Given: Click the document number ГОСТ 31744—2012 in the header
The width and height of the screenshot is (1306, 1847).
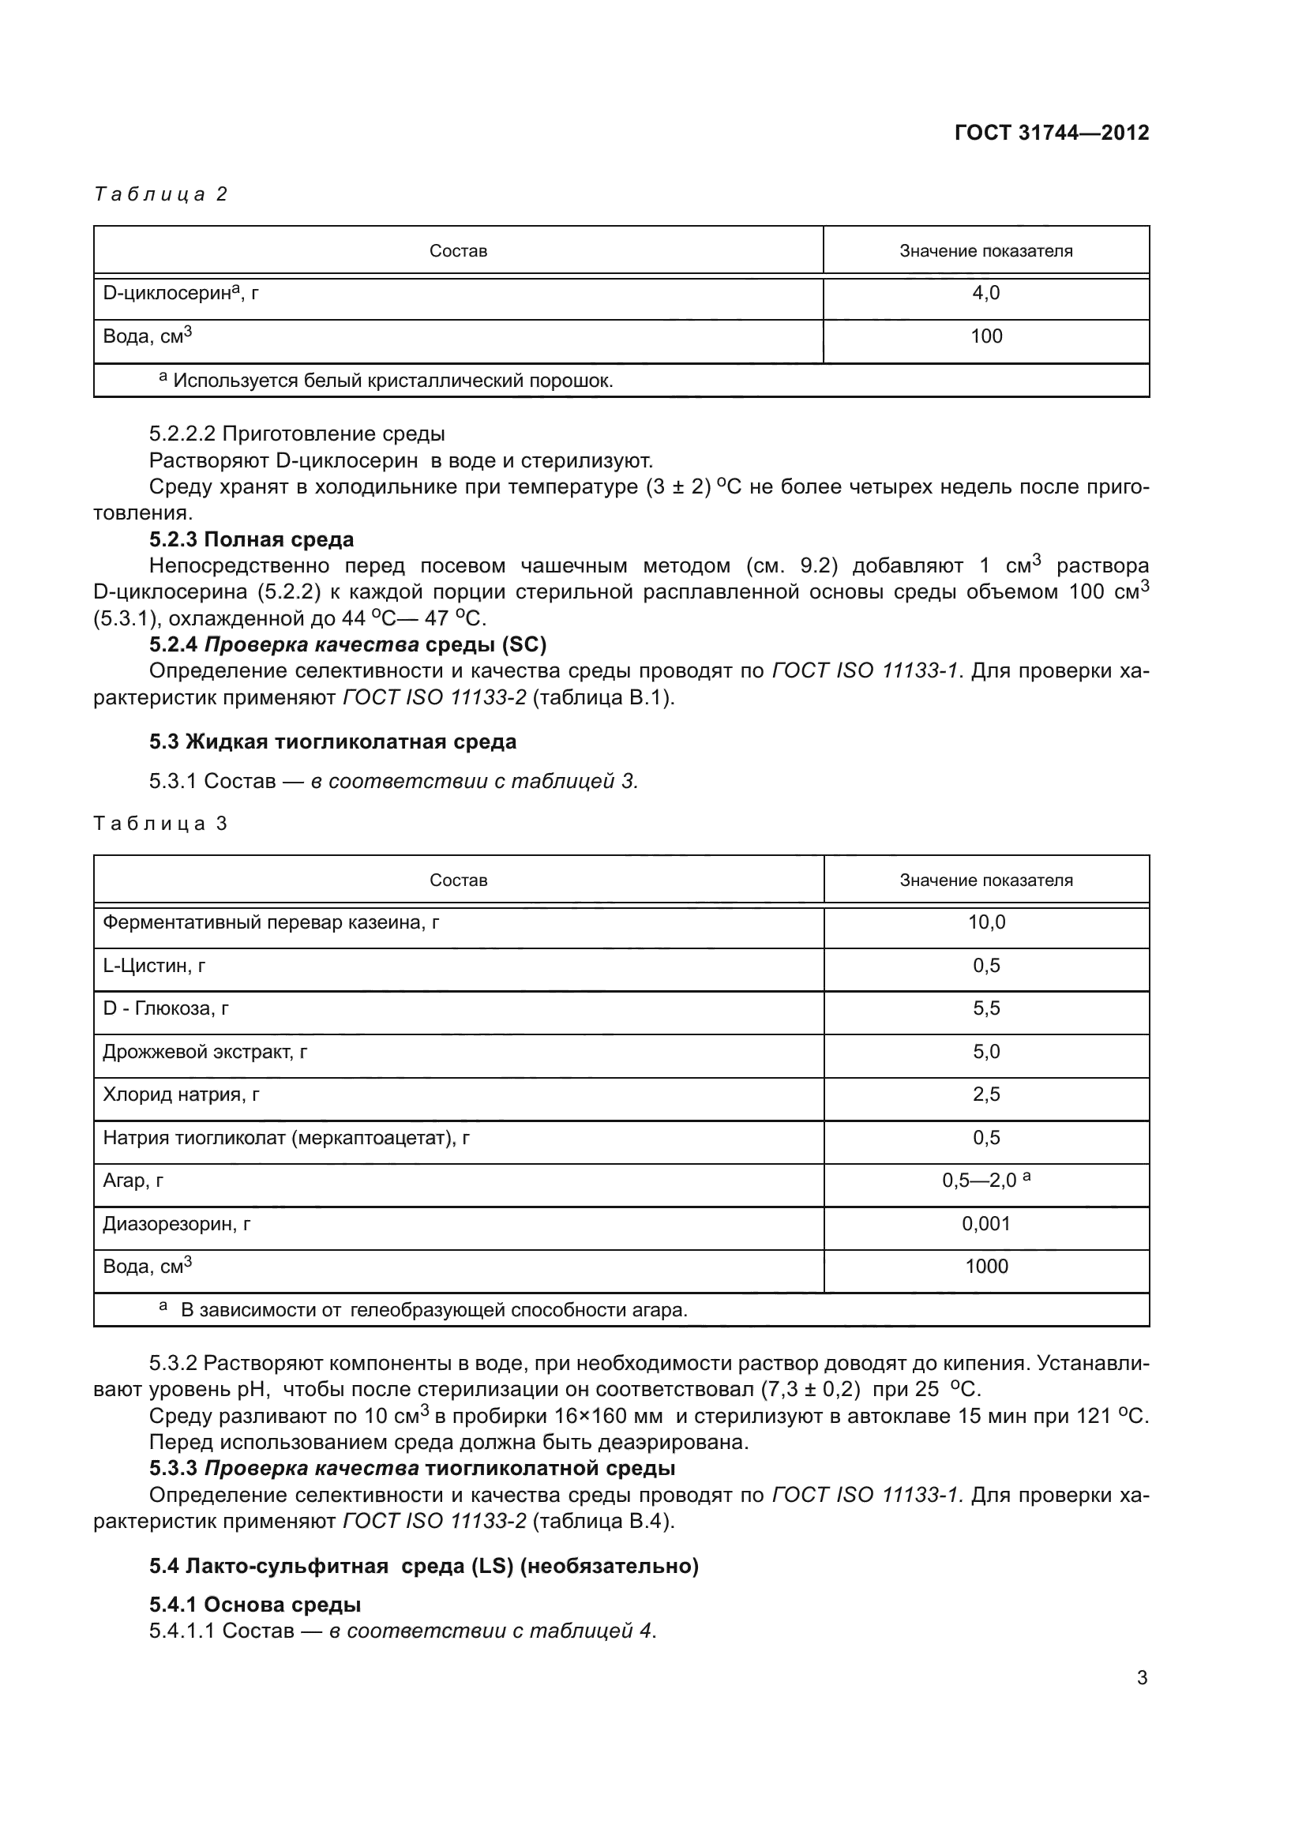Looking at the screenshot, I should click(x=1051, y=133).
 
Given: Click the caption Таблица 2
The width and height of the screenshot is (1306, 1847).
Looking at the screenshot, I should click(x=161, y=194).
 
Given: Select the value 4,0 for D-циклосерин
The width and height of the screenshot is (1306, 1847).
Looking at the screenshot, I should click(x=986, y=293).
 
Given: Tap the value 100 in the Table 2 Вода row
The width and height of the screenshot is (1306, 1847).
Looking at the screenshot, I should click(x=986, y=336).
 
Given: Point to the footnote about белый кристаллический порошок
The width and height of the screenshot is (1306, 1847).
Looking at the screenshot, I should click(x=386, y=381).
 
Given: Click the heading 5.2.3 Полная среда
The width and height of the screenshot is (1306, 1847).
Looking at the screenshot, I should click(x=251, y=539).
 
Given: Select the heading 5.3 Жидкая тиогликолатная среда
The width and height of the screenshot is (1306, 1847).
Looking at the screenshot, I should click(x=332, y=741).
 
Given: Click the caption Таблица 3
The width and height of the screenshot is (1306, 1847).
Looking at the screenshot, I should click(x=161, y=823).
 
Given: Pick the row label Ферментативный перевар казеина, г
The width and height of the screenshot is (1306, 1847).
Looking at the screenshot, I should click(x=270, y=922).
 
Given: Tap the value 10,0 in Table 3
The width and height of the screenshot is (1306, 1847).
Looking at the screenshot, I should click(x=986, y=922).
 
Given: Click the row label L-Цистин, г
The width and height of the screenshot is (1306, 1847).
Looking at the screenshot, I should click(x=155, y=965).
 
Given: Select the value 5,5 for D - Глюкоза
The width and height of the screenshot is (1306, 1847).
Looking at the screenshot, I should click(x=986, y=1008).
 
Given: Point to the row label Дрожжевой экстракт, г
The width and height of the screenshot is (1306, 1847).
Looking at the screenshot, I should click(x=205, y=1051).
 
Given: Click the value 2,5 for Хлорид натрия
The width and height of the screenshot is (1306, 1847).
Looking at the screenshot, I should click(x=986, y=1094).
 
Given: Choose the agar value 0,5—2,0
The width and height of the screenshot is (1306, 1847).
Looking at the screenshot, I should click(x=979, y=1180).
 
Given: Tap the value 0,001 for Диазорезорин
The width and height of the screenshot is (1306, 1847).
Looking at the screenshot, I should click(x=986, y=1223).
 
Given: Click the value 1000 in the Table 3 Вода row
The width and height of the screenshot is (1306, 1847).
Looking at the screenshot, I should click(x=986, y=1266).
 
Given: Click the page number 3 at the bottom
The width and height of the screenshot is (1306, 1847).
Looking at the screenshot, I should click(x=1141, y=1678).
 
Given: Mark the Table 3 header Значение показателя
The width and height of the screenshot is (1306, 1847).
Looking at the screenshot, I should click(x=986, y=880).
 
